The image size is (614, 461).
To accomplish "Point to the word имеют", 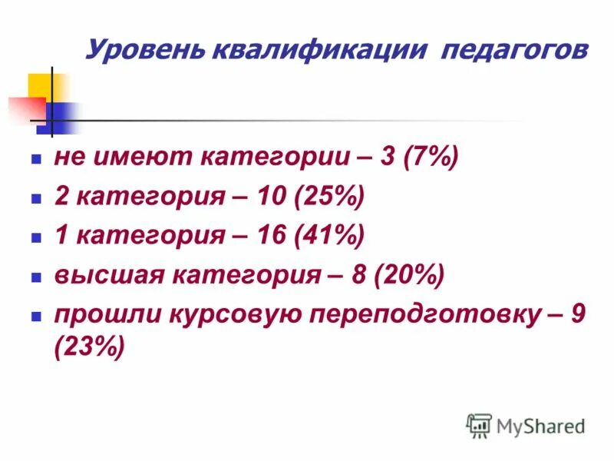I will [x=141, y=159].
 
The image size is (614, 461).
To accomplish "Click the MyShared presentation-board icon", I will [x=480, y=426].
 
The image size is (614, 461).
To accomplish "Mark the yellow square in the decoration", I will [x=40, y=85].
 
